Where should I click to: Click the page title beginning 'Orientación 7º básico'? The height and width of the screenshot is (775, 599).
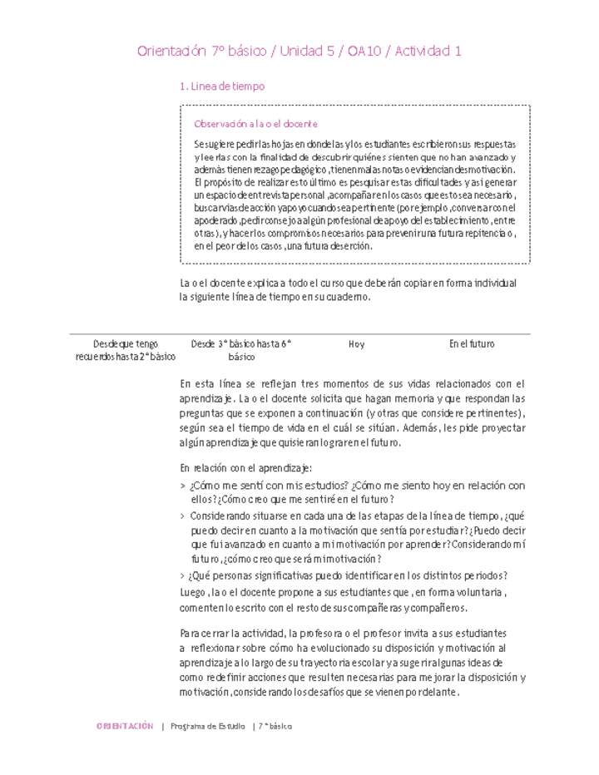click(x=299, y=52)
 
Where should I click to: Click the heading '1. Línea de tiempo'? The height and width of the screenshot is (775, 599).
click(x=222, y=86)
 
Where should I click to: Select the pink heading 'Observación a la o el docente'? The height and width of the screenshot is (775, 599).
click(x=255, y=124)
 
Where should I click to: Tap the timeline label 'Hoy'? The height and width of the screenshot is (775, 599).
click(x=356, y=343)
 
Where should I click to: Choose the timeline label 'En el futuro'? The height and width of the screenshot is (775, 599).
click(x=472, y=343)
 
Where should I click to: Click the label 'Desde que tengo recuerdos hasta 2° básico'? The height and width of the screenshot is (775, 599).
click(x=125, y=350)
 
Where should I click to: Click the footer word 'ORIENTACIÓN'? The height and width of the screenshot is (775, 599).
click(x=125, y=726)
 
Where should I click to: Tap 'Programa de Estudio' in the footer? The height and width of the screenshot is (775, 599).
click(x=207, y=726)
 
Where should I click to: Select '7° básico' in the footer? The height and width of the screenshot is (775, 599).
click(x=275, y=726)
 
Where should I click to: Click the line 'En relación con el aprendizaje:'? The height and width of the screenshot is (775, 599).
click(x=246, y=468)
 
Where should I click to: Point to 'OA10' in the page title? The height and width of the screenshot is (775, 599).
click(x=365, y=52)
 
